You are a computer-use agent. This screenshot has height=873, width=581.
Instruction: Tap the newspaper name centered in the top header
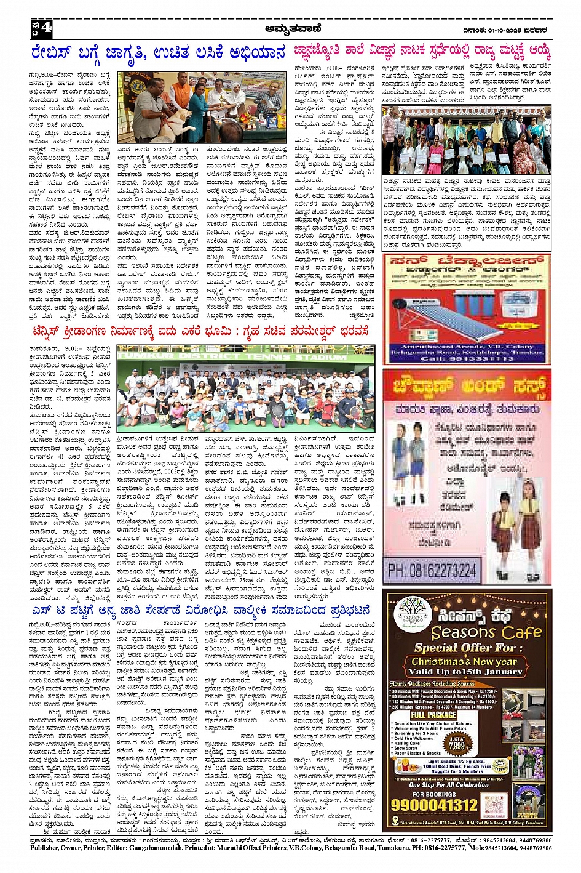pos(293,28)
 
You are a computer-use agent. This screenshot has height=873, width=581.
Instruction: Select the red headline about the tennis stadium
pos(200,332)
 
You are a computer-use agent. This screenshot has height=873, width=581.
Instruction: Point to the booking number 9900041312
pos(434,805)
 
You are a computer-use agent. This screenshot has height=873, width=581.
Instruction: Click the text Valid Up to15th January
pos(464,672)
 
